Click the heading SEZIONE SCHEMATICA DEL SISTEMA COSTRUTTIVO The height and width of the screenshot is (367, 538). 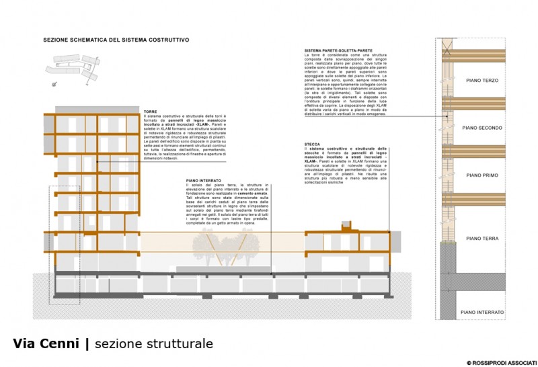[x=115, y=40]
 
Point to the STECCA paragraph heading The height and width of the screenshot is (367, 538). [x=312, y=143]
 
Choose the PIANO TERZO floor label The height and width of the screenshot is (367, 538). [x=482, y=80]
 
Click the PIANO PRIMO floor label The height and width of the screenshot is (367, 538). [x=482, y=175]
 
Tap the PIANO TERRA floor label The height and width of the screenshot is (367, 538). [x=482, y=238]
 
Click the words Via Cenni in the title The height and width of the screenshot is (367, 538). [x=46, y=344]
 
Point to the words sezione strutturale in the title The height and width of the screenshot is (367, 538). [x=154, y=344]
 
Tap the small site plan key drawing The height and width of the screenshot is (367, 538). [x=67, y=67]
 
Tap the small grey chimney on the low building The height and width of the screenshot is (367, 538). [x=346, y=224]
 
